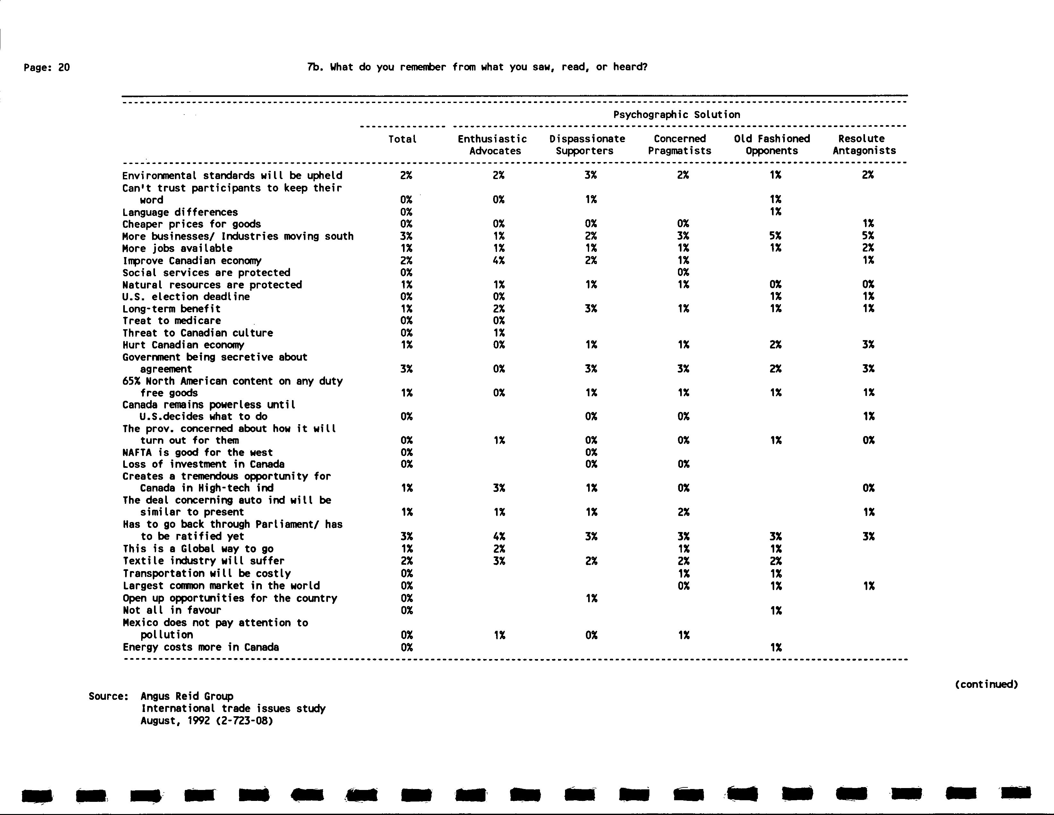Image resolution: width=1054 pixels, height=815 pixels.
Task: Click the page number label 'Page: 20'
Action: tap(47, 68)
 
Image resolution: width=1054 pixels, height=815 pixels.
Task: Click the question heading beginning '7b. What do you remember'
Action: tap(477, 67)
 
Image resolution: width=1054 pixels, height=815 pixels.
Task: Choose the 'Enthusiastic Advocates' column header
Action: tap(493, 145)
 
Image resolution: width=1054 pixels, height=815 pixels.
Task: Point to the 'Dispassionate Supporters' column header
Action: tap(587, 145)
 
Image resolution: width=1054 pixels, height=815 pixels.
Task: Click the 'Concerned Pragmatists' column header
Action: tap(680, 145)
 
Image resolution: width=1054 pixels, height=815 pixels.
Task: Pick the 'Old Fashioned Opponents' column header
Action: tap(772, 145)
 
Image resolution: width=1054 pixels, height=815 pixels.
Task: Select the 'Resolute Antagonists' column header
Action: tap(864, 145)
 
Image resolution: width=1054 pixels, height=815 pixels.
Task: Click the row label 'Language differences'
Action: tap(180, 212)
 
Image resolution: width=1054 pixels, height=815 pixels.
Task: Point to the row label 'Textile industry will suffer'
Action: tap(203, 561)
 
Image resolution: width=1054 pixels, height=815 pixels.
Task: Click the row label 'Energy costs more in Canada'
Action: tap(201, 647)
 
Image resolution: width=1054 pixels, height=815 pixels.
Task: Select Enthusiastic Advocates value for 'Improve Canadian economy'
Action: tap(499, 261)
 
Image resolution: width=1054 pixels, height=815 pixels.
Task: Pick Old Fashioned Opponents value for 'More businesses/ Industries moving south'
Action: tap(776, 236)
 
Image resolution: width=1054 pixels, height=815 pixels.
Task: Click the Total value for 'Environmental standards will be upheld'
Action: tap(406, 175)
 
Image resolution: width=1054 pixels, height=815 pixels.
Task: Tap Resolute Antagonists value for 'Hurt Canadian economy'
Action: tap(868, 345)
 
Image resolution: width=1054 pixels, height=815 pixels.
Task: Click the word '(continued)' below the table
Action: tap(986, 684)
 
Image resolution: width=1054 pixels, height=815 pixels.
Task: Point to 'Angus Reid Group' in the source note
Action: tap(187, 696)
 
